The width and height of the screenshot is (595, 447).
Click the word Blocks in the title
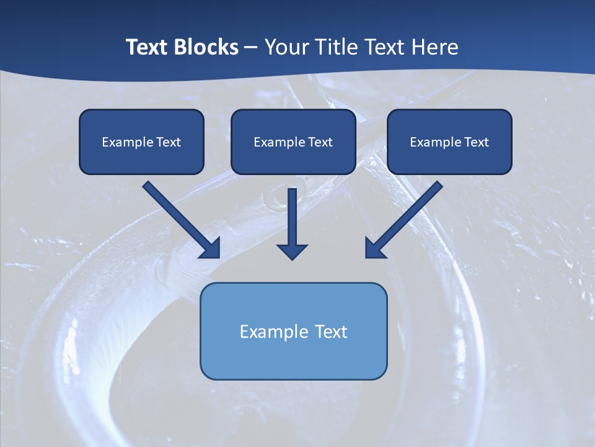(x=205, y=47)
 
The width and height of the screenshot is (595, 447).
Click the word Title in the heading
(x=335, y=47)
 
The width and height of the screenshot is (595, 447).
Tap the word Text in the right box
(x=476, y=142)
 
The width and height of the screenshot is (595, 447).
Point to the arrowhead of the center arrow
(x=292, y=251)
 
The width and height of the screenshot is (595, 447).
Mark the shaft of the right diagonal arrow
(x=412, y=211)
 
